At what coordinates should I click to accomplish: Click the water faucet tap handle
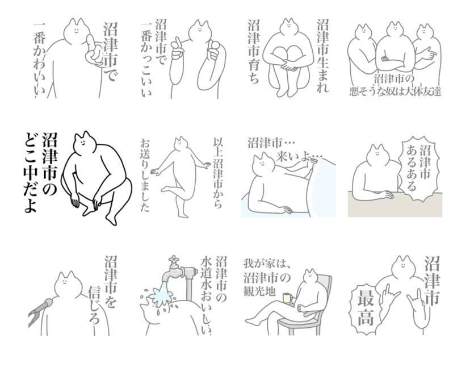[173, 259]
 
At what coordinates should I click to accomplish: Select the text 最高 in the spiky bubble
[366, 308]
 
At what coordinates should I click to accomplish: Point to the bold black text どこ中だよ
[31, 175]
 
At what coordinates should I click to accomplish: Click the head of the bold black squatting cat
[85, 143]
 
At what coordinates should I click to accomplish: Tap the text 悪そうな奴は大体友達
[395, 91]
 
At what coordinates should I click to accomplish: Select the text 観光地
[259, 291]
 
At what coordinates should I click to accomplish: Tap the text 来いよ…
[299, 156]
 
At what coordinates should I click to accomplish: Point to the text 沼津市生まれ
[323, 56]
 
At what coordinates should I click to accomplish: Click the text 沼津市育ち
[254, 51]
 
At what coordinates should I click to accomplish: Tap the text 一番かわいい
[39, 60]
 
